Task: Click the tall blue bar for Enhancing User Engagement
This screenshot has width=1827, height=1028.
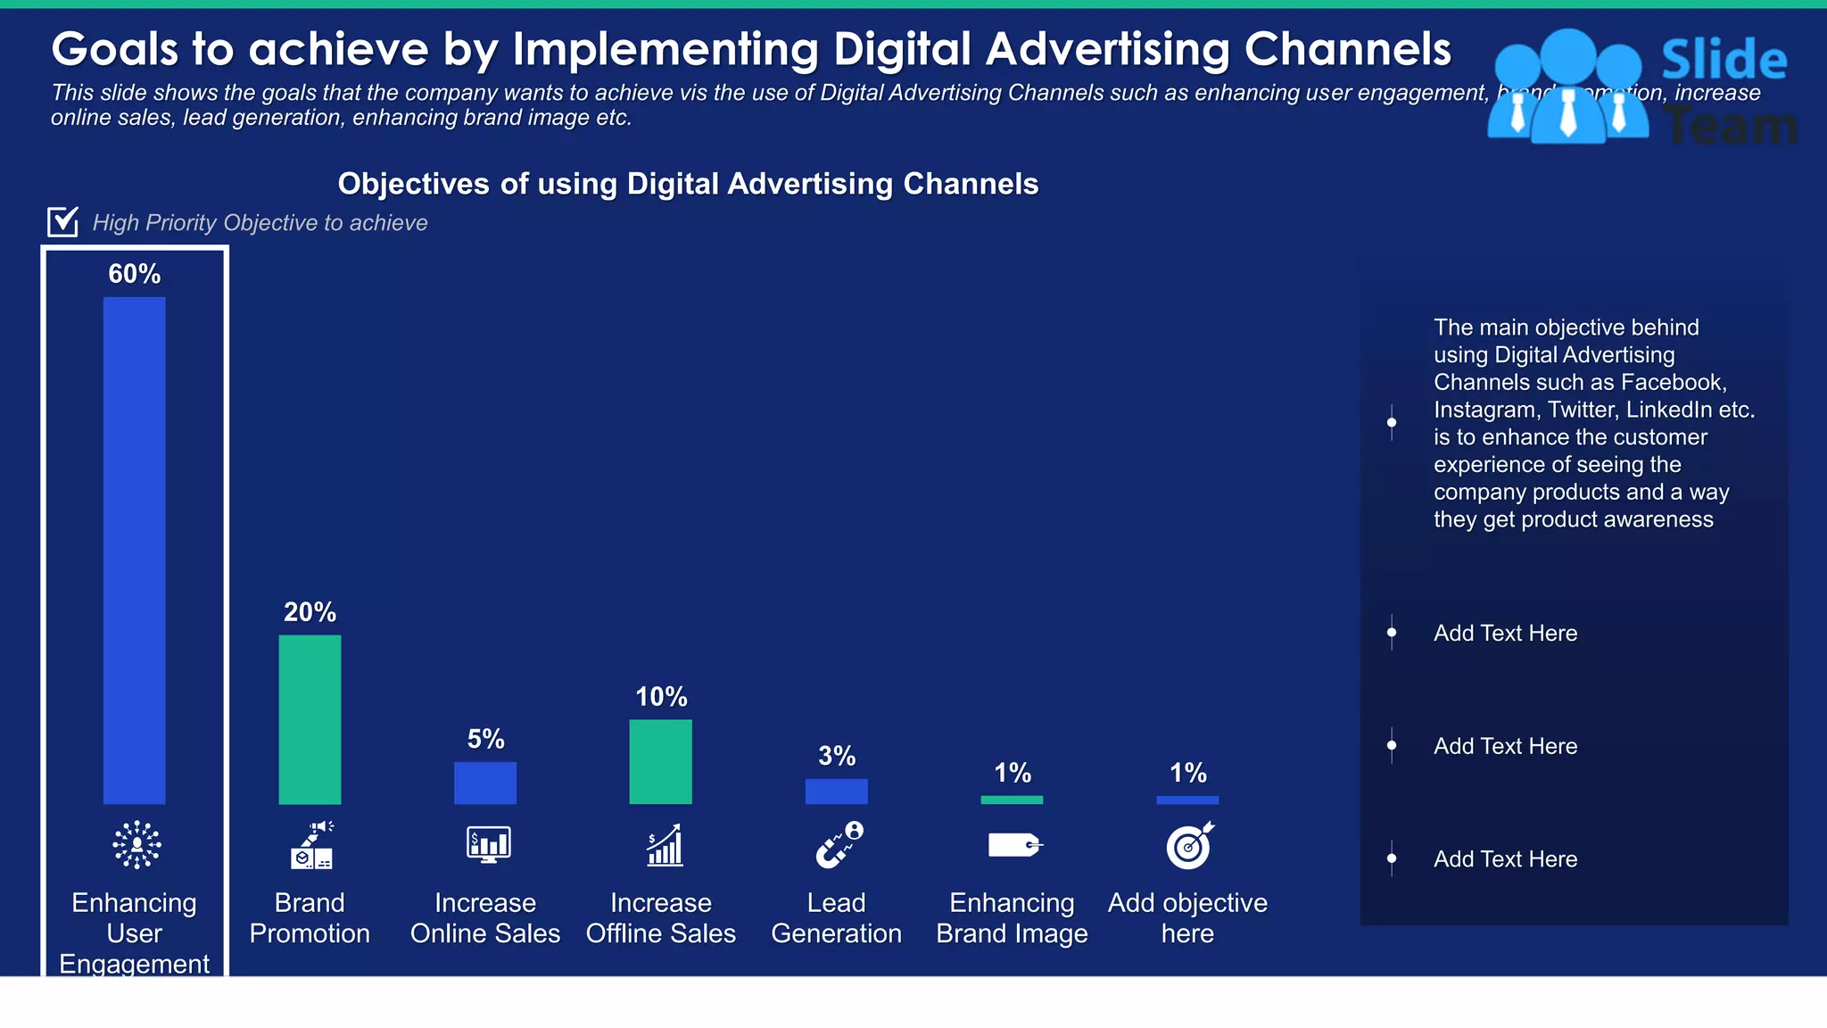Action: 134,550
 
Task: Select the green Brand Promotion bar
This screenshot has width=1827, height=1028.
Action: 310,719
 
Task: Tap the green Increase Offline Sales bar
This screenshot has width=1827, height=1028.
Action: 660,761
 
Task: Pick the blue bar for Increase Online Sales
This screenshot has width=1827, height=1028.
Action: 484,783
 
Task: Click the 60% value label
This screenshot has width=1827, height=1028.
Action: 134,274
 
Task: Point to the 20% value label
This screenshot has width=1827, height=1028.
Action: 310,612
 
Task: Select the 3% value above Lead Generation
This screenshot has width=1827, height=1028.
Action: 836,757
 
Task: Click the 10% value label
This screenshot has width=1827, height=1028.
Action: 660,697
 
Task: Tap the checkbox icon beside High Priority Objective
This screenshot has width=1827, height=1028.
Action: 62,221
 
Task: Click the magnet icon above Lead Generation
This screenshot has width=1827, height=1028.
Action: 839,844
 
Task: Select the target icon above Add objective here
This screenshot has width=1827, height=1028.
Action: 1189,845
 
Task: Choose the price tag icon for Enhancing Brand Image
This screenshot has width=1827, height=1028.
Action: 1014,844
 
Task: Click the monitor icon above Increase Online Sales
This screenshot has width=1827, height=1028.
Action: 488,844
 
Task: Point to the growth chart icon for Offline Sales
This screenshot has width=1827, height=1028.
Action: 665,845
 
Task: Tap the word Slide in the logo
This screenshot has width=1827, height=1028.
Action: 1724,61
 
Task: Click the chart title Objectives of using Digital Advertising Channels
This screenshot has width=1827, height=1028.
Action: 688,184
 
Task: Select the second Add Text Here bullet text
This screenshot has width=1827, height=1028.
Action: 1505,746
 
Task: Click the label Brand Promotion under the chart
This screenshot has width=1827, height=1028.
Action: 310,918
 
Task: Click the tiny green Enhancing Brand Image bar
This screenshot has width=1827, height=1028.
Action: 1012,800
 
